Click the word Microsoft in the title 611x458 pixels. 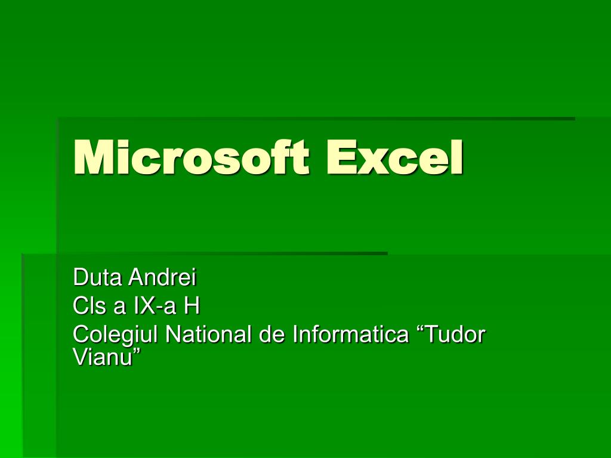[x=191, y=157]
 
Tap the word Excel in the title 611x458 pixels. [x=394, y=157]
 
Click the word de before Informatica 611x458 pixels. [x=272, y=335]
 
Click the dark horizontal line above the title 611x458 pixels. [x=316, y=119]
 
